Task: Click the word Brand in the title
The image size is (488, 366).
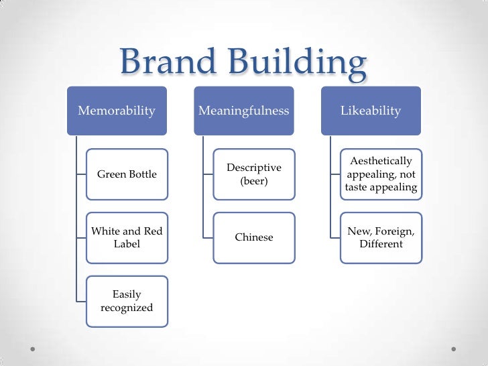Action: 168,64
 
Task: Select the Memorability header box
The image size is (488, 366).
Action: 117,111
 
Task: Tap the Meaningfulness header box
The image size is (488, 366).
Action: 244,111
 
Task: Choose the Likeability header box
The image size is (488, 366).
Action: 371,111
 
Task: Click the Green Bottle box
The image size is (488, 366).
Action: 127,174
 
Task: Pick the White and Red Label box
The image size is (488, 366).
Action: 127,238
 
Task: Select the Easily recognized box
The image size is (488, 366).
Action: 127,302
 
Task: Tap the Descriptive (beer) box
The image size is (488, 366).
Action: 254,174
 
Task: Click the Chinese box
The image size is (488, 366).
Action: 254,237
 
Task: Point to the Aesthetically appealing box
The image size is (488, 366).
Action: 381,174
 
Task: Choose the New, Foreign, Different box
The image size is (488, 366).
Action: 381,238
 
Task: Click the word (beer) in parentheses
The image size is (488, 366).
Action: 253,181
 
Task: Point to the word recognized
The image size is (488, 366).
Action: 127,308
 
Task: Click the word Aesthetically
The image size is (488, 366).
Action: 381,161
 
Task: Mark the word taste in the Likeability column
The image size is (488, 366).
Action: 357,188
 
